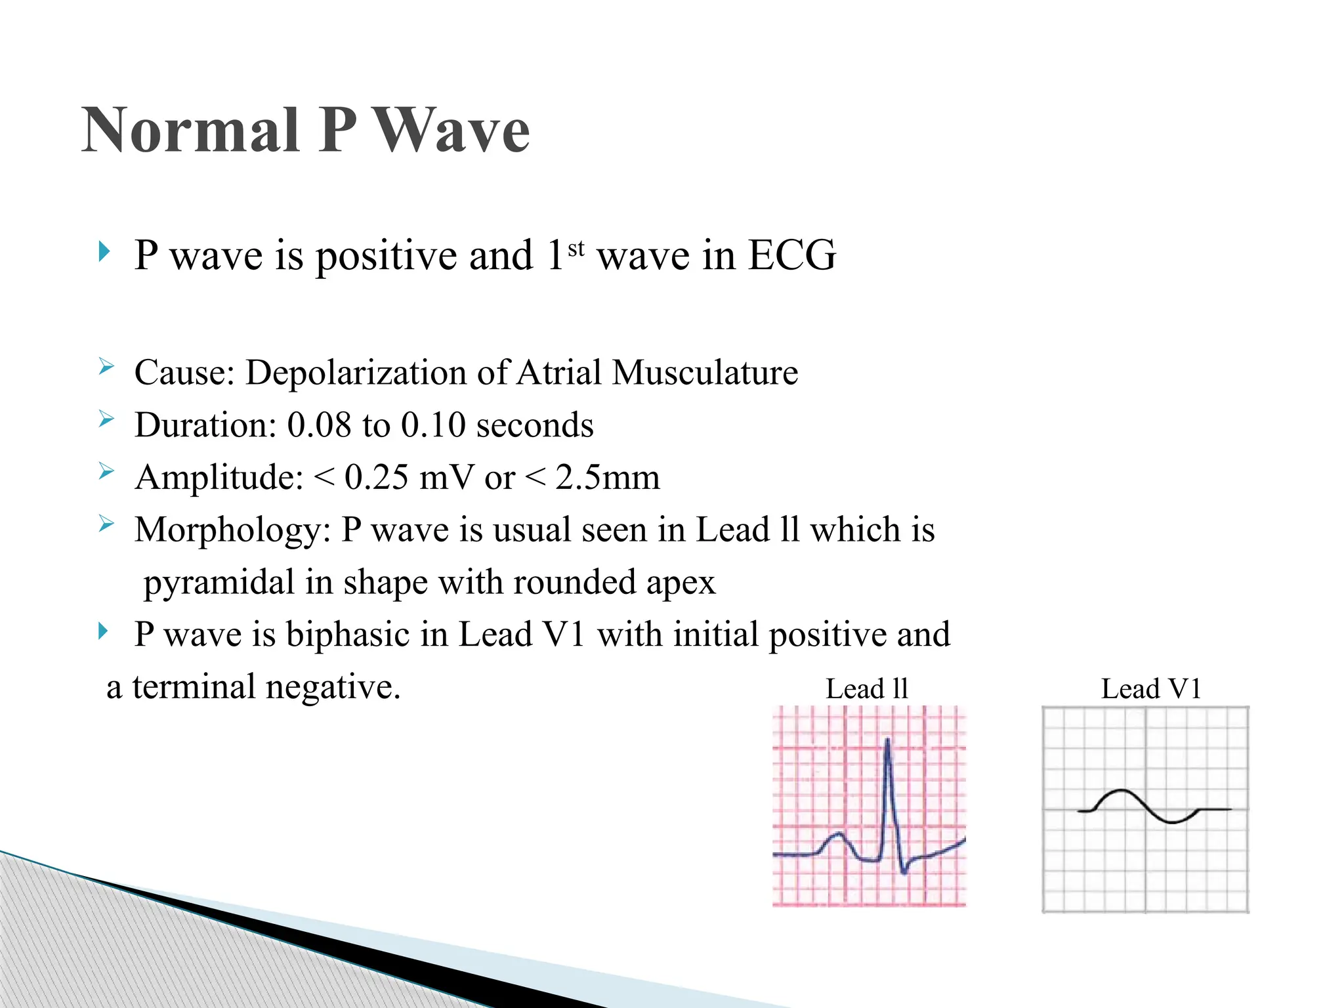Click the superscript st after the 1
576,249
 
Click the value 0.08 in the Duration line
319,425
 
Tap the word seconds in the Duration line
534,425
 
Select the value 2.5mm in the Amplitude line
607,477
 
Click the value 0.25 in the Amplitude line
376,477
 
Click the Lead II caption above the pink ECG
866,689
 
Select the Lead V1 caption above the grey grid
1150,689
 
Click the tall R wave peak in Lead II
888,742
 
